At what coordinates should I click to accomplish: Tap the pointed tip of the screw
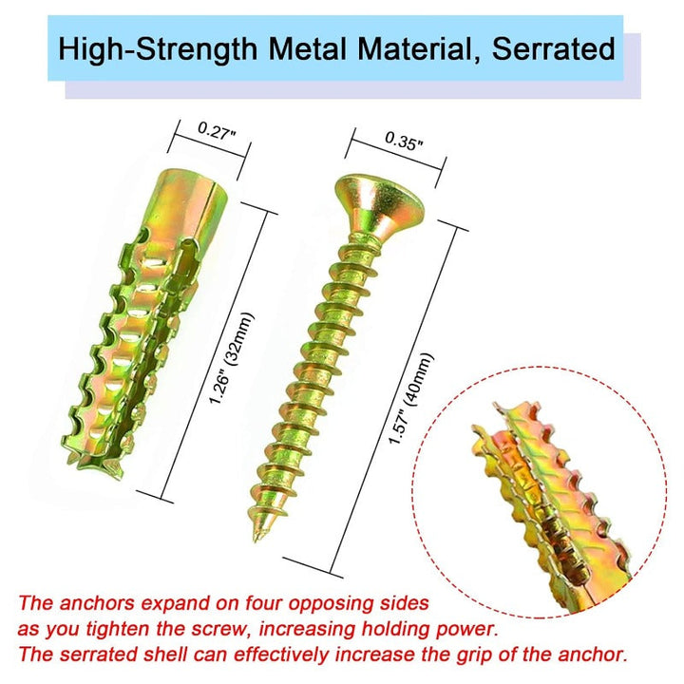coord(256,538)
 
